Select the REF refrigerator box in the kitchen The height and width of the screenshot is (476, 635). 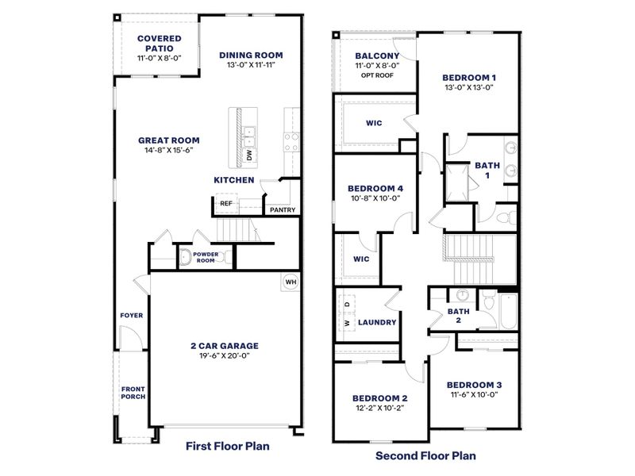[226, 204]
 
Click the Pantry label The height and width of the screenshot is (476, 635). [283, 210]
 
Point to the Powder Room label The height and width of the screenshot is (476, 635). [206, 258]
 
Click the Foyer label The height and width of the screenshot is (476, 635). [132, 315]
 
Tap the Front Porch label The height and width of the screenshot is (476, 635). [133, 393]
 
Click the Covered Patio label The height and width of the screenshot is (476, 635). [159, 43]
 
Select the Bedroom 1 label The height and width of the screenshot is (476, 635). [469, 77]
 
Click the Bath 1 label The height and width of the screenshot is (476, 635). [483, 170]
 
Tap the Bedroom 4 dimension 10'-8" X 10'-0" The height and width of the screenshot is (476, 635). [375, 199]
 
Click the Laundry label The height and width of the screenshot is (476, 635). [377, 323]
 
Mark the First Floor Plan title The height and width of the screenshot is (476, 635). [228, 446]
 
